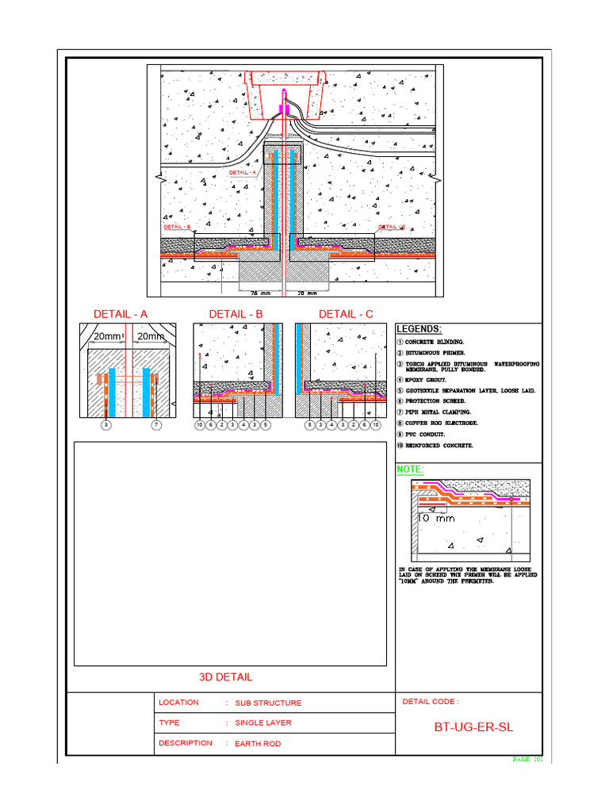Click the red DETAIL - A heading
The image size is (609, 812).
pyautogui.click(x=121, y=314)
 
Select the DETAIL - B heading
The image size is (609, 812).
pyautogui.click(x=236, y=314)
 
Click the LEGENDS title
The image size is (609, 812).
pyautogui.click(x=419, y=329)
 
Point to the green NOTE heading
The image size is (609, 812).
pyautogui.click(x=410, y=470)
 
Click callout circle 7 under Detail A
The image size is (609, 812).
pyautogui.click(x=156, y=426)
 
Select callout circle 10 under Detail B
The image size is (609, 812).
pyautogui.click(x=200, y=426)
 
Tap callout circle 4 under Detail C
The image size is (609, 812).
pyautogui.click(x=331, y=426)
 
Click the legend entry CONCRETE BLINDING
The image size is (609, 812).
pyautogui.click(x=436, y=342)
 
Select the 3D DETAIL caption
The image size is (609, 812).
pyautogui.click(x=226, y=677)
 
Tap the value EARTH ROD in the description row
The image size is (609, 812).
pyautogui.click(x=257, y=744)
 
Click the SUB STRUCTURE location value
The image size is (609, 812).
pyautogui.click(x=267, y=703)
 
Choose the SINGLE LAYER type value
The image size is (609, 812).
pyautogui.click(x=262, y=723)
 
